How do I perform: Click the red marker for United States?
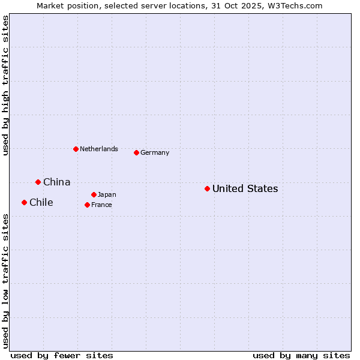pyautogui.click(x=207, y=188)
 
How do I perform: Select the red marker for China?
pyautogui.click(x=38, y=182)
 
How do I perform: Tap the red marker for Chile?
pyautogui.click(x=24, y=202)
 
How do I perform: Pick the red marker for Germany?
pyautogui.click(x=136, y=152)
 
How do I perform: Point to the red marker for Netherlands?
pyautogui.click(x=76, y=149)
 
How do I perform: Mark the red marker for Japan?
pyautogui.click(x=94, y=194)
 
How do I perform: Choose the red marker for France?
pyautogui.click(x=87, y=205)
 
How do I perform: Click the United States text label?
pyautogui.click(x=245, y=188)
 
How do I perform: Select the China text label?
pyautogui.click(x=56, y=182)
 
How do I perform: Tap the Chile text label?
pyautogui.click(x=41, y=202)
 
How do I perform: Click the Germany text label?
pyautogui.click(x=155, y=152)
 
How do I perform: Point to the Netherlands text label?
pyautogui.click(x=98, y=149)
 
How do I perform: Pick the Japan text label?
pyautogui.click(x=107, y=194)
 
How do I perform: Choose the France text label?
pyautogui.click(x=101, y=205)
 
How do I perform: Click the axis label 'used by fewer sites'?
pyautogui.click(x=62, y=355)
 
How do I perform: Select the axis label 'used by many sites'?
pyautogui.click(x=301, y=355)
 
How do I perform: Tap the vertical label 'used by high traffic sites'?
pyautogui.click(x=5, y=86)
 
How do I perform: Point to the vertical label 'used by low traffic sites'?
pyautogui.click(x=5, y=280)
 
